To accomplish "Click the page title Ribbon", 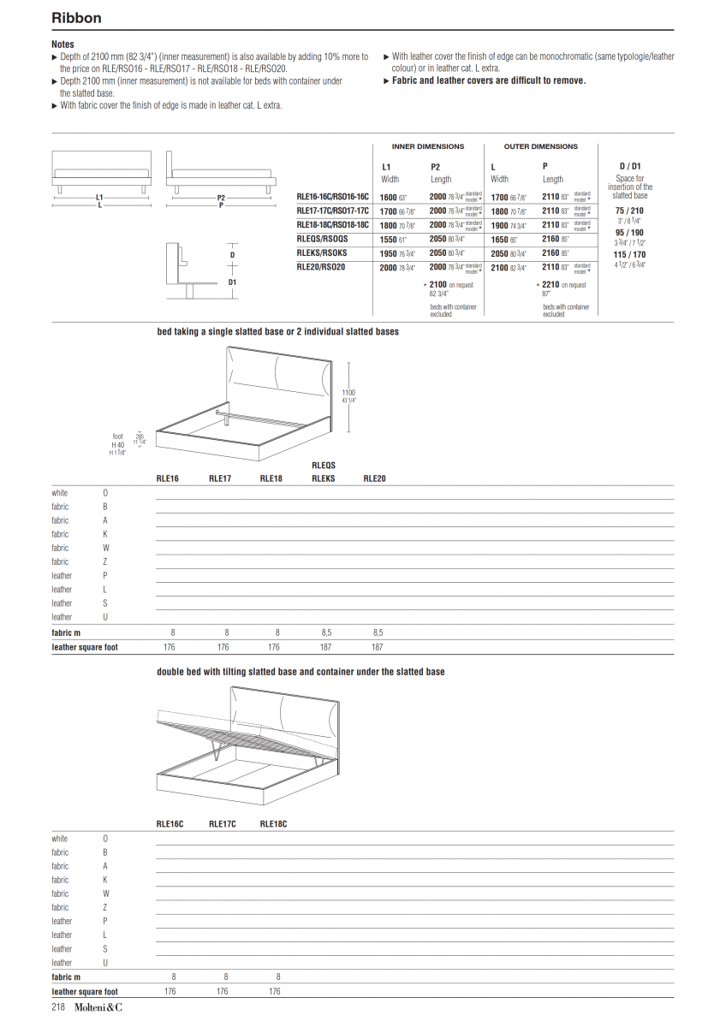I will point(76,18).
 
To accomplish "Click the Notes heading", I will point(62,45).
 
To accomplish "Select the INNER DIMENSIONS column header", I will point(427,146).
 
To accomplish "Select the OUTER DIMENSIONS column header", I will point(540,146).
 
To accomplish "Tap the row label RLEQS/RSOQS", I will point(322,239).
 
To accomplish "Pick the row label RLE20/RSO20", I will point(320,267).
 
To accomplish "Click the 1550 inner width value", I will point(388,240).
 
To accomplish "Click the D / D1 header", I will point(630,166).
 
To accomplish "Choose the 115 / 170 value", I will point(630,254).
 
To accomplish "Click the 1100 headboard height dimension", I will point(348,393).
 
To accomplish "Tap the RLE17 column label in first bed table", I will point(220,478).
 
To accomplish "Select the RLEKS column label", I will point(324,478).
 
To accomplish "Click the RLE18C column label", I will point(273,824).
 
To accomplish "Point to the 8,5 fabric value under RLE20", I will point(378,632).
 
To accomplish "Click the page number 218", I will point(58,1007).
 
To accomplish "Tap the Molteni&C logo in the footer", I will point(98,1007).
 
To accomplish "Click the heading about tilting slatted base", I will point(301,672).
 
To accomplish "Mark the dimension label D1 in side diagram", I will point(232,282).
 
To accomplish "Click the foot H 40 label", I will point(118,445).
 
